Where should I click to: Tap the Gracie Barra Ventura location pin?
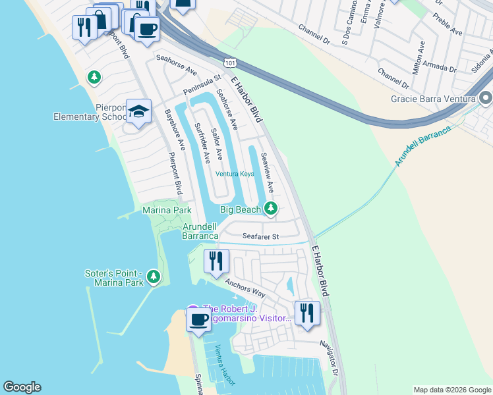(x=486, y=99)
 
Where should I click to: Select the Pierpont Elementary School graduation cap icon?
(x=139, y=112)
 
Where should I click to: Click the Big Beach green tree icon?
(x=270, y=209)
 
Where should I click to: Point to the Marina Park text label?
(x=167, y=210)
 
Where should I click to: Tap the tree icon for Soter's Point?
(x=154, y=277)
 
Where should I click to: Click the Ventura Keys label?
(x=235, y=174)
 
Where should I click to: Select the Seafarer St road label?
(x=260, y=236)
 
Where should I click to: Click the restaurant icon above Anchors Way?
(x=216, y=261)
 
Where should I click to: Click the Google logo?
(x=22, y=387)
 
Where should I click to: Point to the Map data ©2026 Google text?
(x=451, y=390)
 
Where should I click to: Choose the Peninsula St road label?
(x=202, y=84)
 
